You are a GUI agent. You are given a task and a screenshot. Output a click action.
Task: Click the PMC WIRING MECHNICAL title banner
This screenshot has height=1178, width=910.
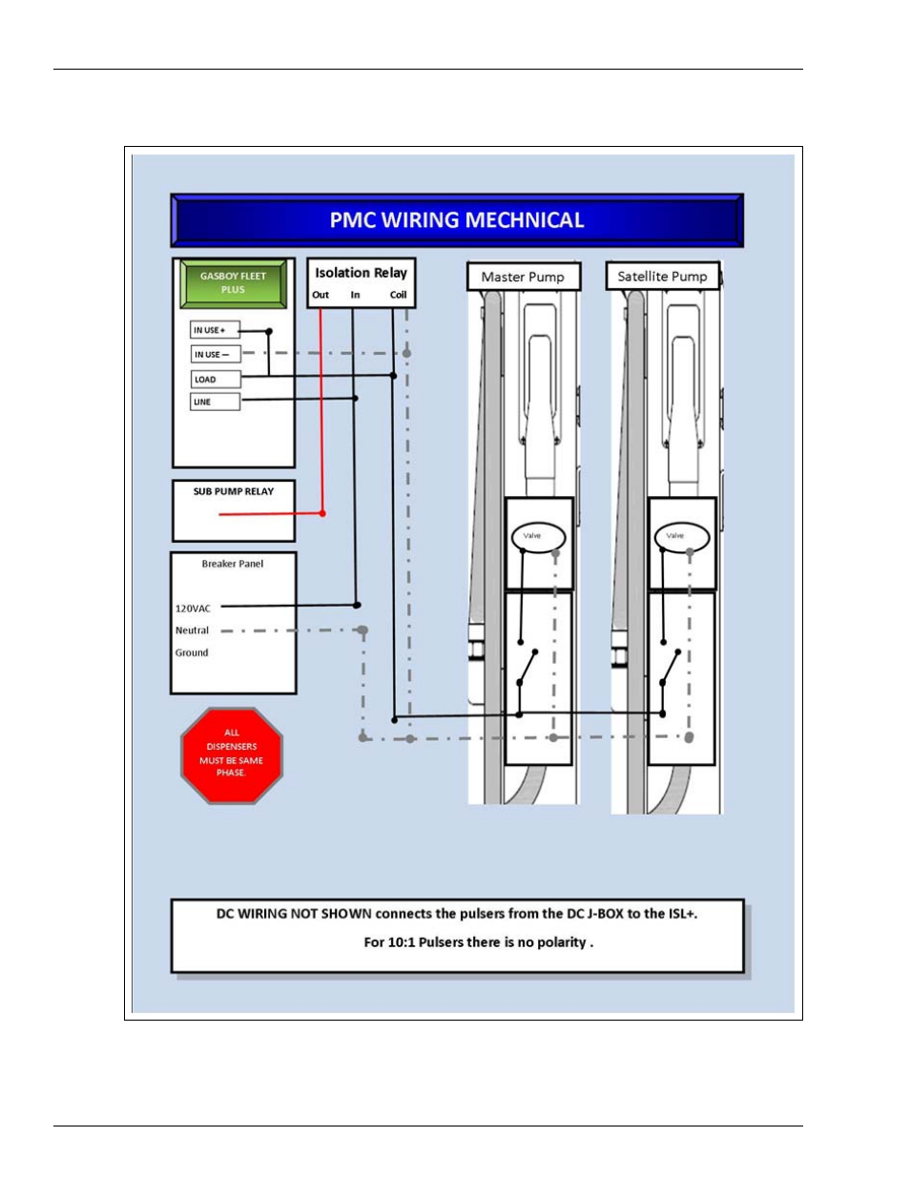coord(456,220)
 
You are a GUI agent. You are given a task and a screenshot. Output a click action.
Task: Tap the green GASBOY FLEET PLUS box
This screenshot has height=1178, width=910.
coord(233,283)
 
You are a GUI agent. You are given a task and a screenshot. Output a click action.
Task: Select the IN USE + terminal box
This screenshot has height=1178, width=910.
coord(214,330)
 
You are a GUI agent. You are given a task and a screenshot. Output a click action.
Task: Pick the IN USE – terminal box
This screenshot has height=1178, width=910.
coord(214,354)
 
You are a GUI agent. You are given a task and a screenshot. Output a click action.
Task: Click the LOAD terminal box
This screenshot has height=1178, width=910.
coord(214,379)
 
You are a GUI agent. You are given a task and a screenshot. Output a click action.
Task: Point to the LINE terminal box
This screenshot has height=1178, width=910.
coord(214,402)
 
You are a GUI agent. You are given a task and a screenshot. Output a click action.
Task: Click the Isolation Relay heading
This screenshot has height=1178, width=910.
coord(361,273)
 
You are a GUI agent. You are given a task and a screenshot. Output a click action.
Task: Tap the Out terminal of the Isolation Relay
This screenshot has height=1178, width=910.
coord(321,295)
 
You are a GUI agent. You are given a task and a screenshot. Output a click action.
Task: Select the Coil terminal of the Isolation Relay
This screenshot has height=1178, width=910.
coord(398,295)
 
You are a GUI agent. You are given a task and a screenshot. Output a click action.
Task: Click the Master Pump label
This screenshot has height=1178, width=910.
coord(523,277)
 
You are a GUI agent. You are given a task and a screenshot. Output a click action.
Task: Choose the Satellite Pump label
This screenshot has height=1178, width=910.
coord(662,277)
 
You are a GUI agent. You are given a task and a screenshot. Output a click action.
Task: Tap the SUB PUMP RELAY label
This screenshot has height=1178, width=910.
coord(233,491)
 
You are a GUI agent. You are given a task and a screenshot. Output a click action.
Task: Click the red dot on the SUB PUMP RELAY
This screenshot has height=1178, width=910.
coord(322,513)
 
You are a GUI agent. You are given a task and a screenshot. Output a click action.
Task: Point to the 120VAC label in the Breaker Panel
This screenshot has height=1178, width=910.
coord(193,608)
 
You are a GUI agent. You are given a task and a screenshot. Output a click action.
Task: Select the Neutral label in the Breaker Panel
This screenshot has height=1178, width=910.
coord(192,630)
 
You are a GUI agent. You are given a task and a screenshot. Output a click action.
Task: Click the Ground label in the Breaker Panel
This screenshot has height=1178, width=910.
coord(191,652)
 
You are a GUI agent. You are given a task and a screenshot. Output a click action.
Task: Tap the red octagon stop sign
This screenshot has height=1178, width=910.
coord(232,754)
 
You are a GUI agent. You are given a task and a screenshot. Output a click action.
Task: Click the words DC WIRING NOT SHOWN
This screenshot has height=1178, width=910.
coord(293,914)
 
